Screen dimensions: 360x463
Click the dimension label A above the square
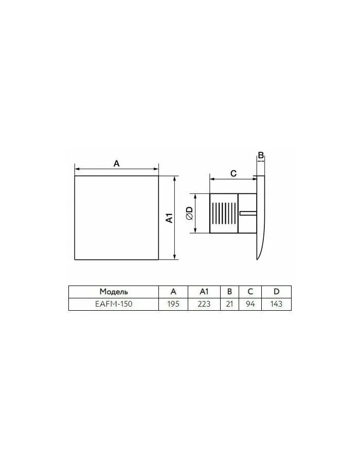click(117, 163)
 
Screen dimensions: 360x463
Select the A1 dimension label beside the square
click(169, 218)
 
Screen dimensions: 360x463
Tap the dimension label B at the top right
click(261, 155)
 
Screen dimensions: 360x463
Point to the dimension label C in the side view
click(233, 173)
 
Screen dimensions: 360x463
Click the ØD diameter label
click(189, 213)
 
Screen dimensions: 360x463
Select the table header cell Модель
click(114, 292)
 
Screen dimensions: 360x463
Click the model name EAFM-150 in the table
click(114, 304)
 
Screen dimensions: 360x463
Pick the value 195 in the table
click(173, 304)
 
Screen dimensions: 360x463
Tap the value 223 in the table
click(204, 304)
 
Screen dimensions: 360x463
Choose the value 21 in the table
click(229, 304)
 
